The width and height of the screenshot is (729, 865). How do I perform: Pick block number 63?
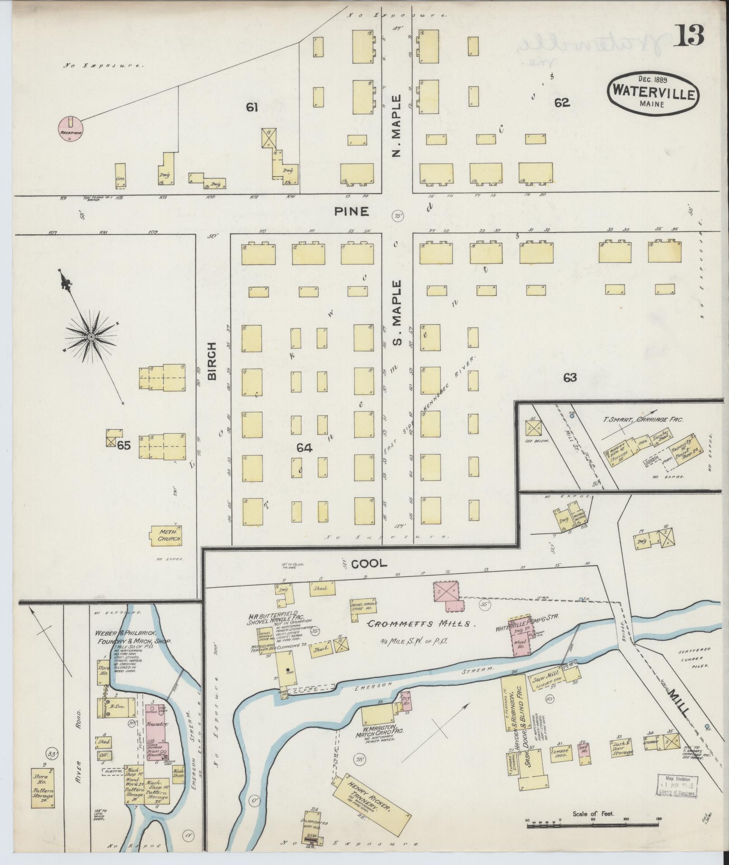(570, 377)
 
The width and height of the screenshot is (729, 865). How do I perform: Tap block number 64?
(304, 448)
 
